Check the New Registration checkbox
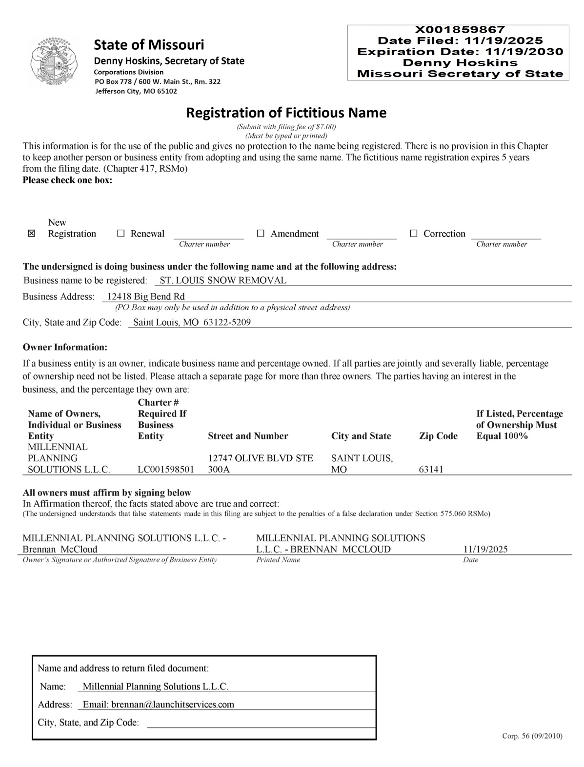point(32,234)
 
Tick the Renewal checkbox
point(121,234)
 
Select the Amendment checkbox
point(261,234)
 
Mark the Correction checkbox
point(414,234)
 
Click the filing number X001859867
point(460,30)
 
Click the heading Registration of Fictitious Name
point(286,113)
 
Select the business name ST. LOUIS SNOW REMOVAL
point(223,280)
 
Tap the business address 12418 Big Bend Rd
point(146,296)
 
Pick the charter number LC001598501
point(166,470)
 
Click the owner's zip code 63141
point(431,470)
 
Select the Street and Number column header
point(248,436)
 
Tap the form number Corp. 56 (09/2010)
point(532,736)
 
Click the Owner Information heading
point(65,347)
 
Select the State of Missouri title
point(149,45)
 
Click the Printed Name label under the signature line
point(278,560)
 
